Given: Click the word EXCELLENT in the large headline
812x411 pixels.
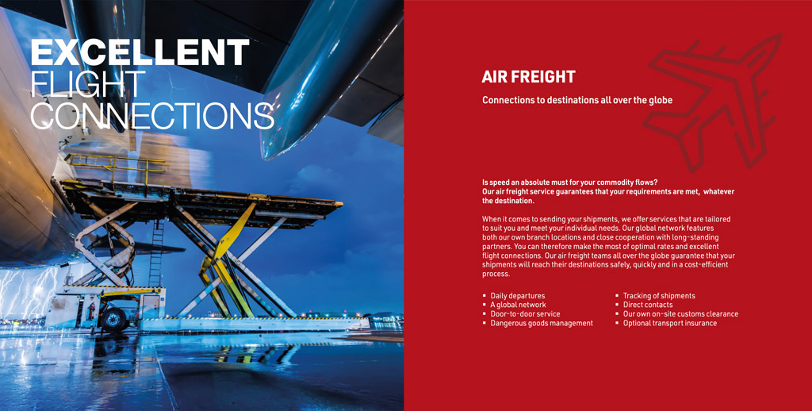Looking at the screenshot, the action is click(x=140, y=52).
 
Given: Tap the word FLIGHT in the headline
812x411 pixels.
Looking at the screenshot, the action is click(x=87, y=83).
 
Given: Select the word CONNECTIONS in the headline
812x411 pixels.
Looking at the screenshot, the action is click(x=152, y=115).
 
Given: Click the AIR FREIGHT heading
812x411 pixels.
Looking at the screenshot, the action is click(x=528, y=77).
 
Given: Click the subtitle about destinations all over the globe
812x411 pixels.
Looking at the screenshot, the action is click(x=577, y=100).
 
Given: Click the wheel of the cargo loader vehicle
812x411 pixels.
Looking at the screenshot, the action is click(x=113, y=319).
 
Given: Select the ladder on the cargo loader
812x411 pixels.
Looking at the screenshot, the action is click(x=156, y=253).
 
